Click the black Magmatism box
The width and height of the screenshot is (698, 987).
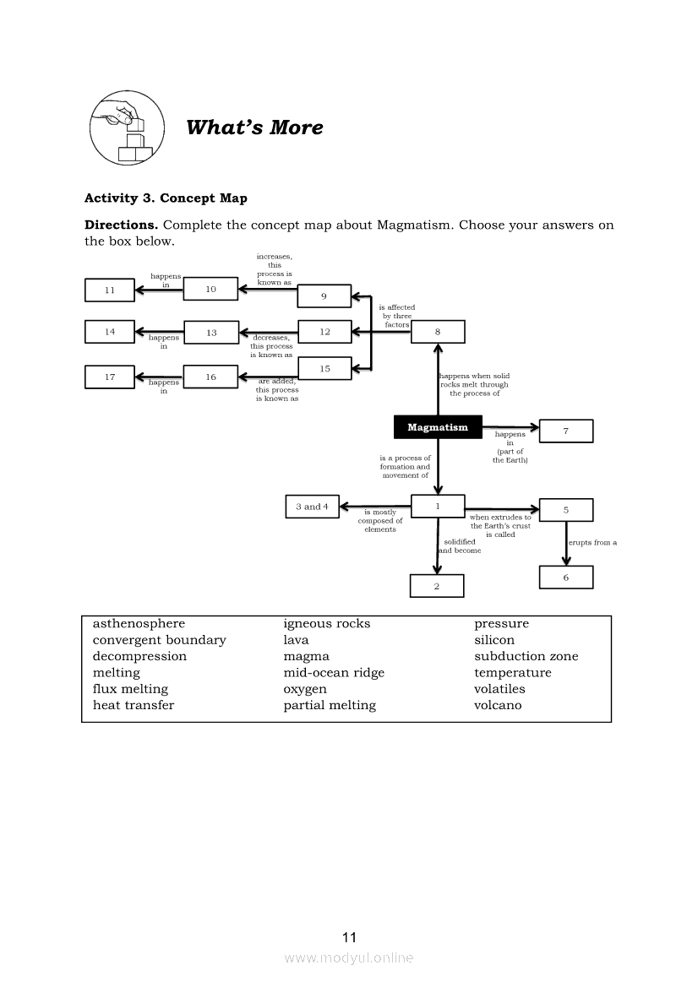click(437, 427)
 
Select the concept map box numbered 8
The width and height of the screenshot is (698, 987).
click(437, 332)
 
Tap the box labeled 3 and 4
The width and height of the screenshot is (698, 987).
click(312, 507)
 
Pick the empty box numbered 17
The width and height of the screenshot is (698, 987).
click(110, 377)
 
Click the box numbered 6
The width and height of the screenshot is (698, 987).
click(565, 578)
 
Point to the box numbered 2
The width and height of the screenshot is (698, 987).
click(437, 586)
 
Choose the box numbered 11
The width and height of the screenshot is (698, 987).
click(110, 290)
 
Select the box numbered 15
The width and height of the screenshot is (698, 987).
click(324, 369)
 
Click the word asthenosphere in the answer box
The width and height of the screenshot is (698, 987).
click(139, 624)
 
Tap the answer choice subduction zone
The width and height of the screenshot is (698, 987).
click(526, 656)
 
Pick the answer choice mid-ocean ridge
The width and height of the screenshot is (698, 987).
click(334, 673)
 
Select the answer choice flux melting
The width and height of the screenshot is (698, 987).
click(130, 689)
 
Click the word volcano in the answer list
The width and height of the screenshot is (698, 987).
click(498, 705)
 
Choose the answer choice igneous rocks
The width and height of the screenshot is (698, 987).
click(326, 624)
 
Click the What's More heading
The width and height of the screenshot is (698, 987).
click(254, 127)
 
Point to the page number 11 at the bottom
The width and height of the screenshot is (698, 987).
click(350, 937)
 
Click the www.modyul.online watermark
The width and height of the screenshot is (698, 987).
click(349, 957)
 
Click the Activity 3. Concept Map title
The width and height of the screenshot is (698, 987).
click(166, 198)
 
